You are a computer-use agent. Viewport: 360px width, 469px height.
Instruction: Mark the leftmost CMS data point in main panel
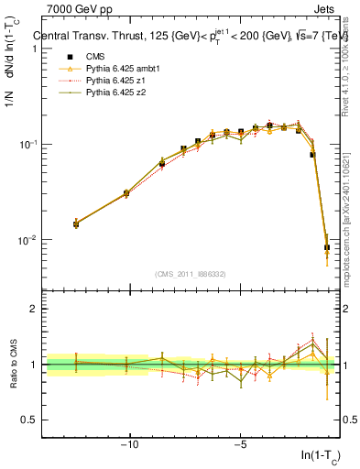76,224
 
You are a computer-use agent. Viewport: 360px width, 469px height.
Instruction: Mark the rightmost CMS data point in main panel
327,247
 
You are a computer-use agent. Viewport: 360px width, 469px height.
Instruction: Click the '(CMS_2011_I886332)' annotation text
192,275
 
